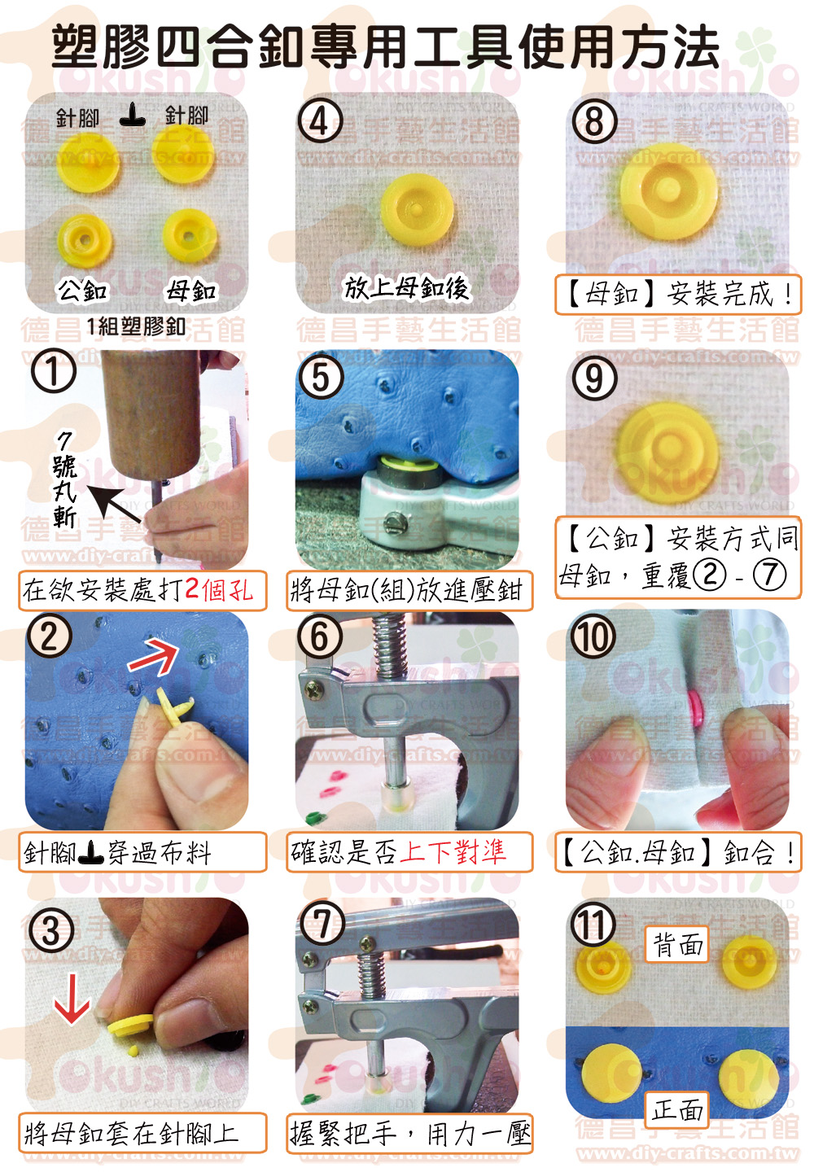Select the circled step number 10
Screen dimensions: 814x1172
[x=593, y=636]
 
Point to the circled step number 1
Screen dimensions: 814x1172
[x=54, y=370]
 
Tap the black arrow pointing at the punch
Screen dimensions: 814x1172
[x=113, y=504]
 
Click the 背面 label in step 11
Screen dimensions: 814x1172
[x=676, y=945]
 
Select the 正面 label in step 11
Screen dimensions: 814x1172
[x=676, y=1110]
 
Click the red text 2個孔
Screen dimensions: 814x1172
[x=219, y=589]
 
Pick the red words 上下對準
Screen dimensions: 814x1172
[x=453, y=851]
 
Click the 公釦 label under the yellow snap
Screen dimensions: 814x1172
[x=82, y=291]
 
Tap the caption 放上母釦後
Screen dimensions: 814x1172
[x=406, y=288]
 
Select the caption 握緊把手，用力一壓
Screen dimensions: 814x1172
[x=410, y=1134]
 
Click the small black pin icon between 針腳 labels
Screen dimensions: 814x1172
[x=133, y=115]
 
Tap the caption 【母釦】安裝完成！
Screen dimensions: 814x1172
[x=679, y=294]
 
